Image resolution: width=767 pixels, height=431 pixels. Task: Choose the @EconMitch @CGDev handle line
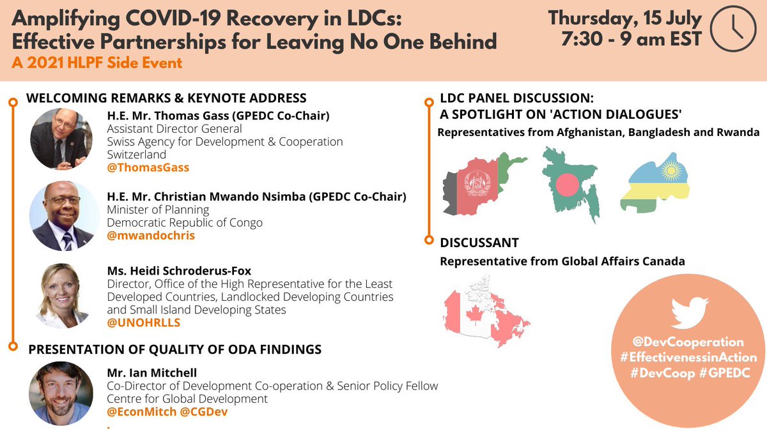pos(167,411)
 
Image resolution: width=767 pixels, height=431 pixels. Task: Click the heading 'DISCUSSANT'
pos(479,243)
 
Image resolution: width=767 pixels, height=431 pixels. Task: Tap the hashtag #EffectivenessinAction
pos(688,358)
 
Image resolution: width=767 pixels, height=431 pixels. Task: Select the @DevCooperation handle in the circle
pos(688,342)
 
